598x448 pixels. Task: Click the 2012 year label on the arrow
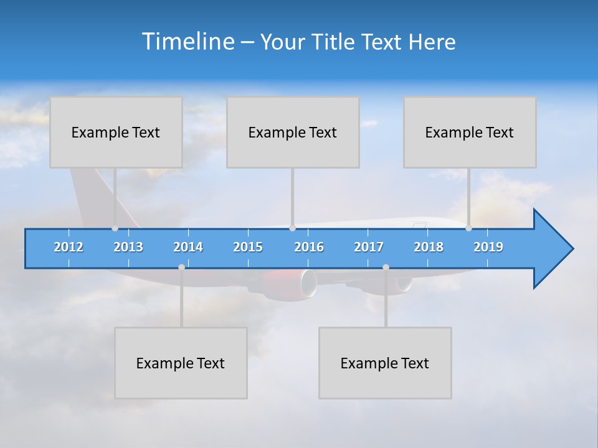point(69,247)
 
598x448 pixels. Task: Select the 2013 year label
point(128,247)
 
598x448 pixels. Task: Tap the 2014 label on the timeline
point(188,247)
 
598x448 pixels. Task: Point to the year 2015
point(248,247)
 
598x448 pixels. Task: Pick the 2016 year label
point(309,247)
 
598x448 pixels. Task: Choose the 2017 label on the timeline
point(369,247)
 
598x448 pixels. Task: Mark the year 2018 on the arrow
point(429,247)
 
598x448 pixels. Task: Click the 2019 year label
point(488,247)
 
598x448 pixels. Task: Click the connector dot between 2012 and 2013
point(115,228)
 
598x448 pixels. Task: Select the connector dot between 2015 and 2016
point(292,228)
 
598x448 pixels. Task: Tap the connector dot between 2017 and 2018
point(386,267)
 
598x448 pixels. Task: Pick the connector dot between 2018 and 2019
point(468,228)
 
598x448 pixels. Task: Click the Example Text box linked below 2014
point(181,363)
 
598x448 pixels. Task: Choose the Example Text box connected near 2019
point(470,132)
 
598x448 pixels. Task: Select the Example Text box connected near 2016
point(293,132)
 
